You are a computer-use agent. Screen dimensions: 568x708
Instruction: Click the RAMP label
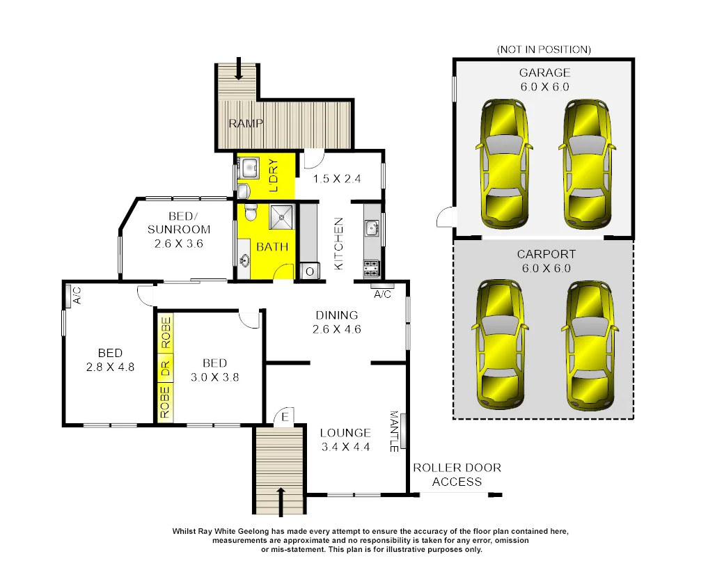pos(246,124)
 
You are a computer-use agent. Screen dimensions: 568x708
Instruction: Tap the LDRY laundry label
pos(273,175)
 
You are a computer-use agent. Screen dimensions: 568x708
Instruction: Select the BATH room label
pos(272,247)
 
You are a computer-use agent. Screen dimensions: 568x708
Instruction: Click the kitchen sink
pos(371,227)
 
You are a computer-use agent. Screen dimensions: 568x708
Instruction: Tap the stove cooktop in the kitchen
pos(371,267)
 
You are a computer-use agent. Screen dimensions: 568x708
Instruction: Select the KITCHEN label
pos(339,244)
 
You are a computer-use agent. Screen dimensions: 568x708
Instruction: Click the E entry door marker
pos(284,418)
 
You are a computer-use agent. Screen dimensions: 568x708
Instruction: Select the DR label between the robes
pos(165,369)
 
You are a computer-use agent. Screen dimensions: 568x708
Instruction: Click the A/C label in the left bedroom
pos(77,296)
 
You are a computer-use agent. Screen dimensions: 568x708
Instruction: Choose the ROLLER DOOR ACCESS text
pos(457,475)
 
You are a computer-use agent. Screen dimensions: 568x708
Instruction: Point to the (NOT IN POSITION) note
pos(544,49)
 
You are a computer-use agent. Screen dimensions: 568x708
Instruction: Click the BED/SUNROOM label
pos(179,223)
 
